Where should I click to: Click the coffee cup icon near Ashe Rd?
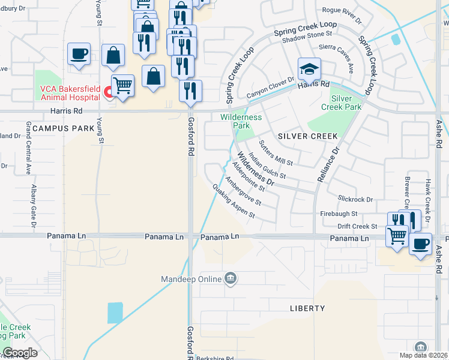coord(420,244)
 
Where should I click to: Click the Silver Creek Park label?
coord(346,103)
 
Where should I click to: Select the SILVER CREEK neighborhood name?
coord(308,136)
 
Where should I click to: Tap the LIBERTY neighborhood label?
coord(307,308)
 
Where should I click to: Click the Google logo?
coord(20,353)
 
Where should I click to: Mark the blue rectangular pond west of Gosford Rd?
coord(115,313)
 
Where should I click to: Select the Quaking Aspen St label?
coord(234,201)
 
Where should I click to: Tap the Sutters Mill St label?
coord(275,153)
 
